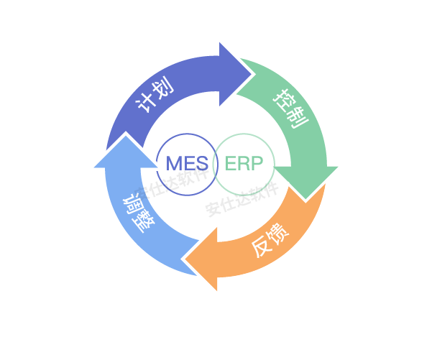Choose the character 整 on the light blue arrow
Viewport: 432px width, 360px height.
tap(145, 221)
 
